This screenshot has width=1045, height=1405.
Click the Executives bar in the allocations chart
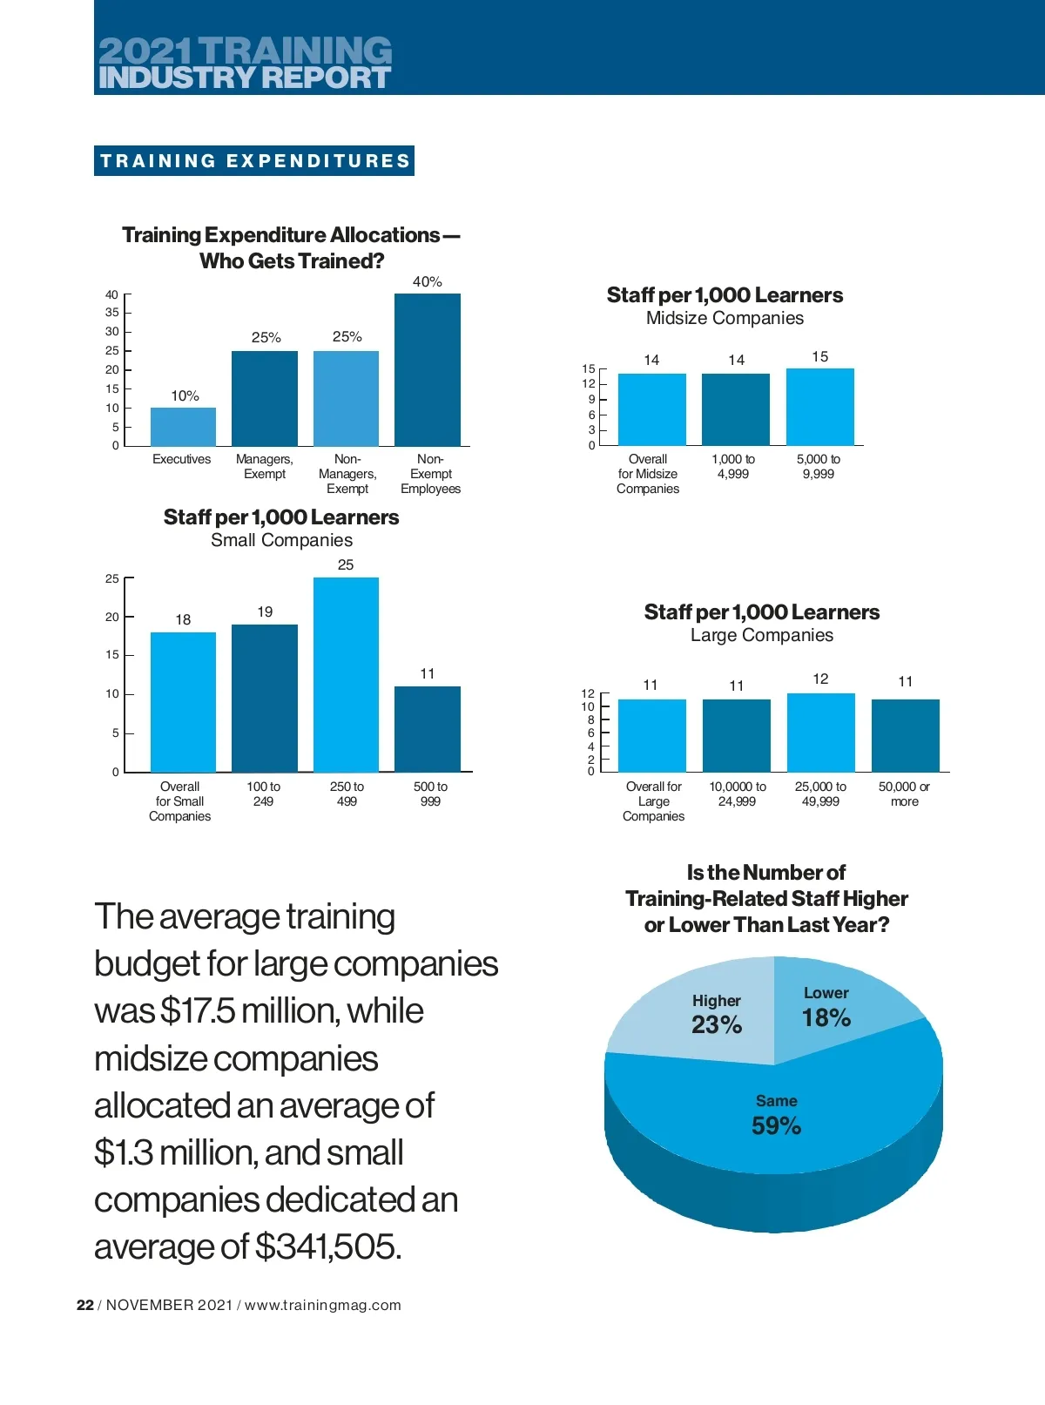pyautogui.click(x=183, y=427)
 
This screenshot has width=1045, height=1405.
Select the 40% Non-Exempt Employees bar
pyautogui.click(x=428, y=370)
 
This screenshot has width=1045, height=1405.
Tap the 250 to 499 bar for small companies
pyautogui.click(x=346, y=675)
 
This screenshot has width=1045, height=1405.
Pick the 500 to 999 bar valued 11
pyautogui.click(x=428, y=729)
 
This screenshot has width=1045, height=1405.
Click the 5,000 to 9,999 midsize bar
pyautogui.click(x=820, y=408)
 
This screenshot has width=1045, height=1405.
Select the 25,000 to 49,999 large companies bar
pyautogui.click(x=821, y=733)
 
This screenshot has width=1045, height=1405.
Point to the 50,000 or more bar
pyautogui.click(x=906, y=735)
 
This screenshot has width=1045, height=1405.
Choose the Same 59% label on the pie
pyautogui.click(x=777, y=1116)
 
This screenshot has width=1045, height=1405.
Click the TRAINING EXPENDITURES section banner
pyautogui.click(x=254, y=161)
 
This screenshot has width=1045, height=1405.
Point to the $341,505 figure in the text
pyautogui.click(x=328, y=1246)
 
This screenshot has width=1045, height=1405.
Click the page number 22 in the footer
pyautogui.click(x=85, y=1305)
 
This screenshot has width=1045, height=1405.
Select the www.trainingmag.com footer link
pyautogui.click(x=323, y=1305)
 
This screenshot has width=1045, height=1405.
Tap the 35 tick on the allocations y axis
pyautogui.click(x=112, y=313)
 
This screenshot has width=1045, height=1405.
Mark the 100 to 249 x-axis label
pyautogui.click(x=263, y=794)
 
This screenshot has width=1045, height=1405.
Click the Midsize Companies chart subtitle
pyautogui.click(x=725, y=318)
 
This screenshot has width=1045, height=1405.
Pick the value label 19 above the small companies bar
pyautogui.click(x=265, y=612)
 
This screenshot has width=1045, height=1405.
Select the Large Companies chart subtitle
pyautogui.click(x=762, y=635)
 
